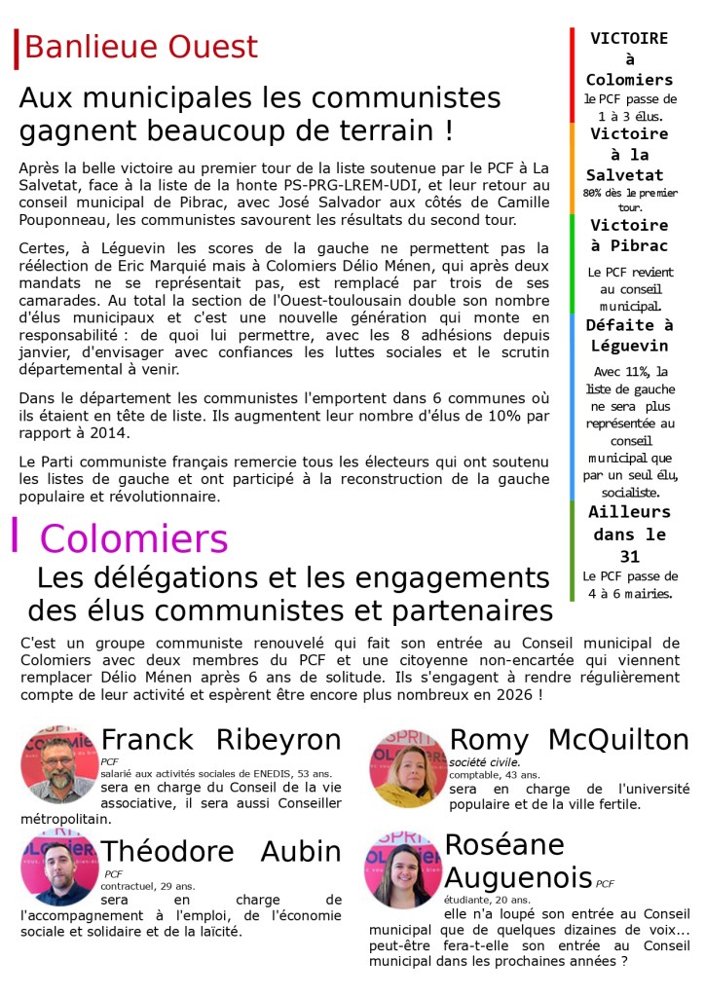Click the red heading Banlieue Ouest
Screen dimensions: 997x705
[140, 47]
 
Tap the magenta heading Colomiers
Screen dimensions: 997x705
[134, 538]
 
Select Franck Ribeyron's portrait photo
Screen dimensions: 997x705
[58, 763]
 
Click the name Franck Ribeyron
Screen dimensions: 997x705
[221, 740]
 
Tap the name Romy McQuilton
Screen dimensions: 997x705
[569, 740]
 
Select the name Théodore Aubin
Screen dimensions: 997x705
[221, 852]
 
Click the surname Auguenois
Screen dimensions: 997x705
[518, 875]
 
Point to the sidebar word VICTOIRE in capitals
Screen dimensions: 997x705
[628, 39]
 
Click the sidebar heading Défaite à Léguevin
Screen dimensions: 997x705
[628, 336]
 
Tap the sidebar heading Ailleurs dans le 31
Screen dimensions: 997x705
[628, 535]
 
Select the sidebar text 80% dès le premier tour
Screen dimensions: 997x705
[628, 201]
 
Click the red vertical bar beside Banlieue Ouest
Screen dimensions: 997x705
[17, 49]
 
